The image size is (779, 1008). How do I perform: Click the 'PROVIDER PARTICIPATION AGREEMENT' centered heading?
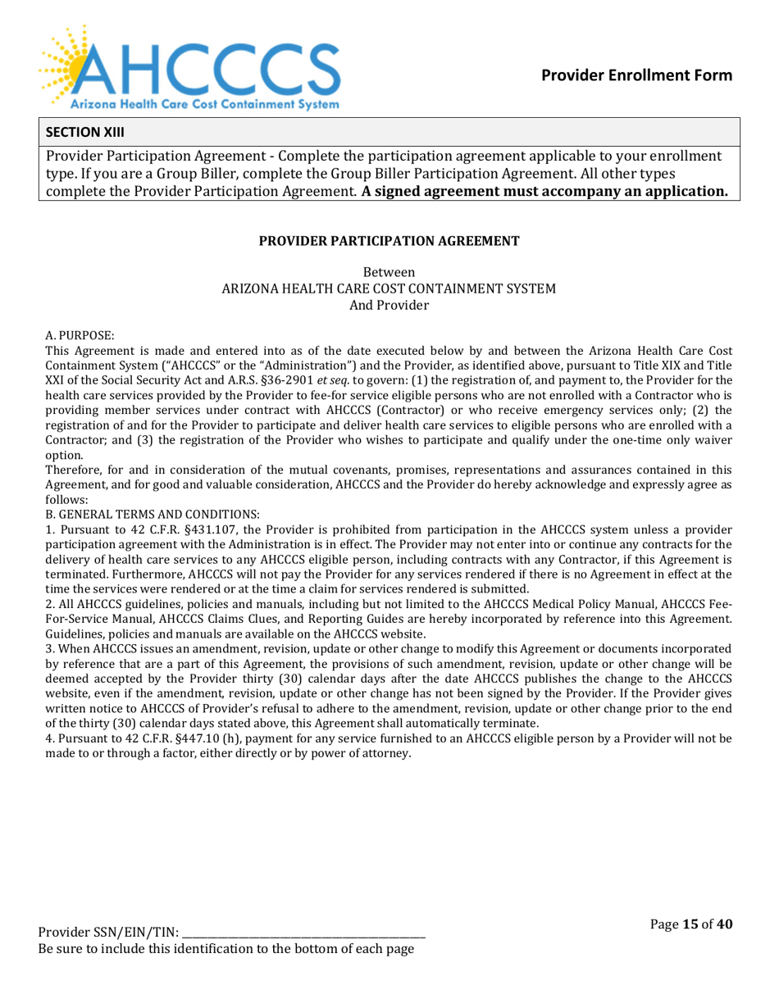pyautogui.click(x=389, y=241)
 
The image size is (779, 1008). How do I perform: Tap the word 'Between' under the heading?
pyautogui.click(x=389, y=272)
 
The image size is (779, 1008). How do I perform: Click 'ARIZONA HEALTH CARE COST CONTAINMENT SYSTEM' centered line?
pyautogui.click(x=389, y=288)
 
